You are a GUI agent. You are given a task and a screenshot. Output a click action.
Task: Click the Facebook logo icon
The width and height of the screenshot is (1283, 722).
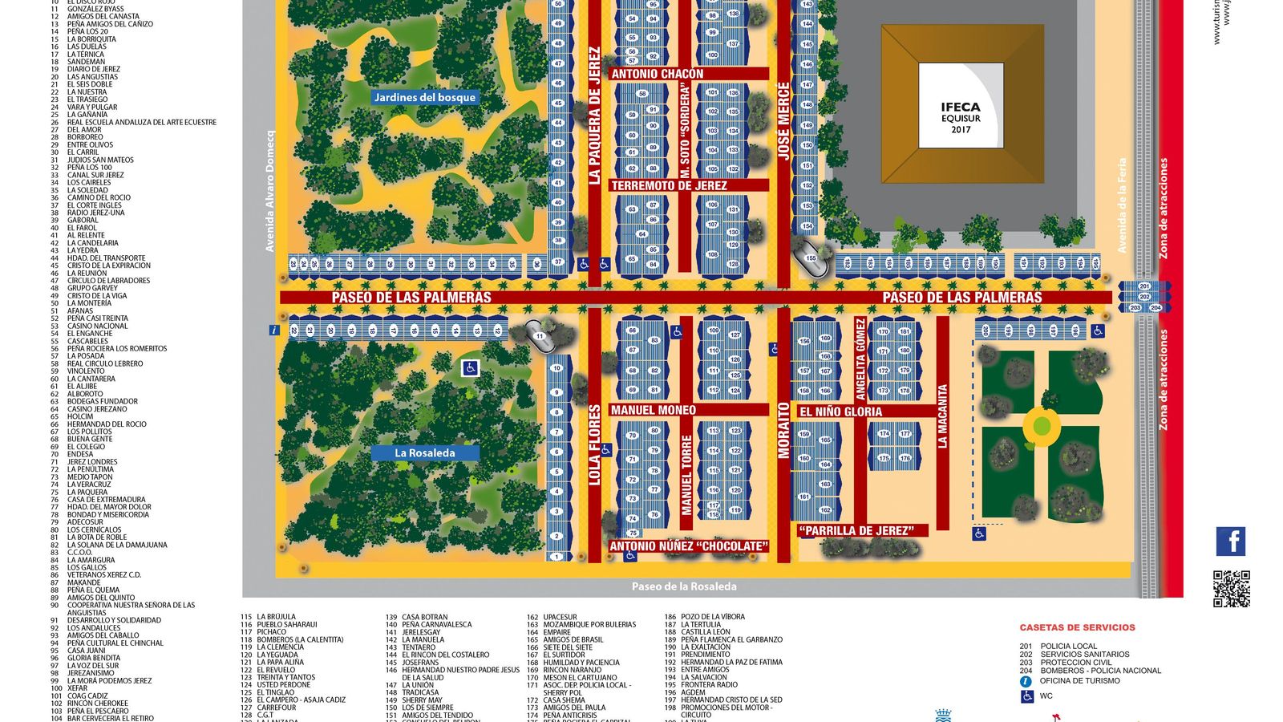1230,541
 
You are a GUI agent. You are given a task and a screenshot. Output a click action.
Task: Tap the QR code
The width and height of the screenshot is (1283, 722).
1231,589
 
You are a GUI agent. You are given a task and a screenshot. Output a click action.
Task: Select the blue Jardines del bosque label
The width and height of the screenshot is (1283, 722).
425,97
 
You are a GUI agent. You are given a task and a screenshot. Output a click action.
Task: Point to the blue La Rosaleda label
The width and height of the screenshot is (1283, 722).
425,452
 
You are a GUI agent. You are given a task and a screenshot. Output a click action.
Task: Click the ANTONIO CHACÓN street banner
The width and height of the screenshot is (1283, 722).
658,74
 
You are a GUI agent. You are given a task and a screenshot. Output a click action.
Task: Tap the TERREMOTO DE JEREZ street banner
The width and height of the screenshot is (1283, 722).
669,185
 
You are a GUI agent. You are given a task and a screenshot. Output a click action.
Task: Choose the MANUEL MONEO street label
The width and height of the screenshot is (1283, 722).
653,410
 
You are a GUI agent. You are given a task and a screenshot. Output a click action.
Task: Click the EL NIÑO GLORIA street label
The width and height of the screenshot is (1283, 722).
840,412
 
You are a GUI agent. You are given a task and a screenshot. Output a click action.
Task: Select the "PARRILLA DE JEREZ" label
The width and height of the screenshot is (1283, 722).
856,530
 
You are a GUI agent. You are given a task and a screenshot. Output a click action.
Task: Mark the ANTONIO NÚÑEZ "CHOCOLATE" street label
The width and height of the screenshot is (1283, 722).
688,546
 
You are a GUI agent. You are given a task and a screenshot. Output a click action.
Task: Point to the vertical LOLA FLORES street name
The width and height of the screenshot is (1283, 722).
595,445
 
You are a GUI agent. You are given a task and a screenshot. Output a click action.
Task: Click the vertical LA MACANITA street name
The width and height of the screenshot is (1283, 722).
943,416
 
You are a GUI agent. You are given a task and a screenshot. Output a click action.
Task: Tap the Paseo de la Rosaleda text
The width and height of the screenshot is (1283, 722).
684,586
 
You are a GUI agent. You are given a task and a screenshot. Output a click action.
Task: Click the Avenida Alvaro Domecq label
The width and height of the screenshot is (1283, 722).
270,191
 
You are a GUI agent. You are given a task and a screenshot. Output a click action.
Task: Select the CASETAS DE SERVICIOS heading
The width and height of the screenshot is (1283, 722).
1077,627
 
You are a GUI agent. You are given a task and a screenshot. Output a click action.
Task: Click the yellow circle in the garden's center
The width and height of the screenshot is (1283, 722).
1041,426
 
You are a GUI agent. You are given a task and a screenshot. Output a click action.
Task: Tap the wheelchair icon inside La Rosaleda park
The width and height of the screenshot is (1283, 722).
471,367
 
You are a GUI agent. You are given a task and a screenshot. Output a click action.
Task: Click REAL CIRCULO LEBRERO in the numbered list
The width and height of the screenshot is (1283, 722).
104,363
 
